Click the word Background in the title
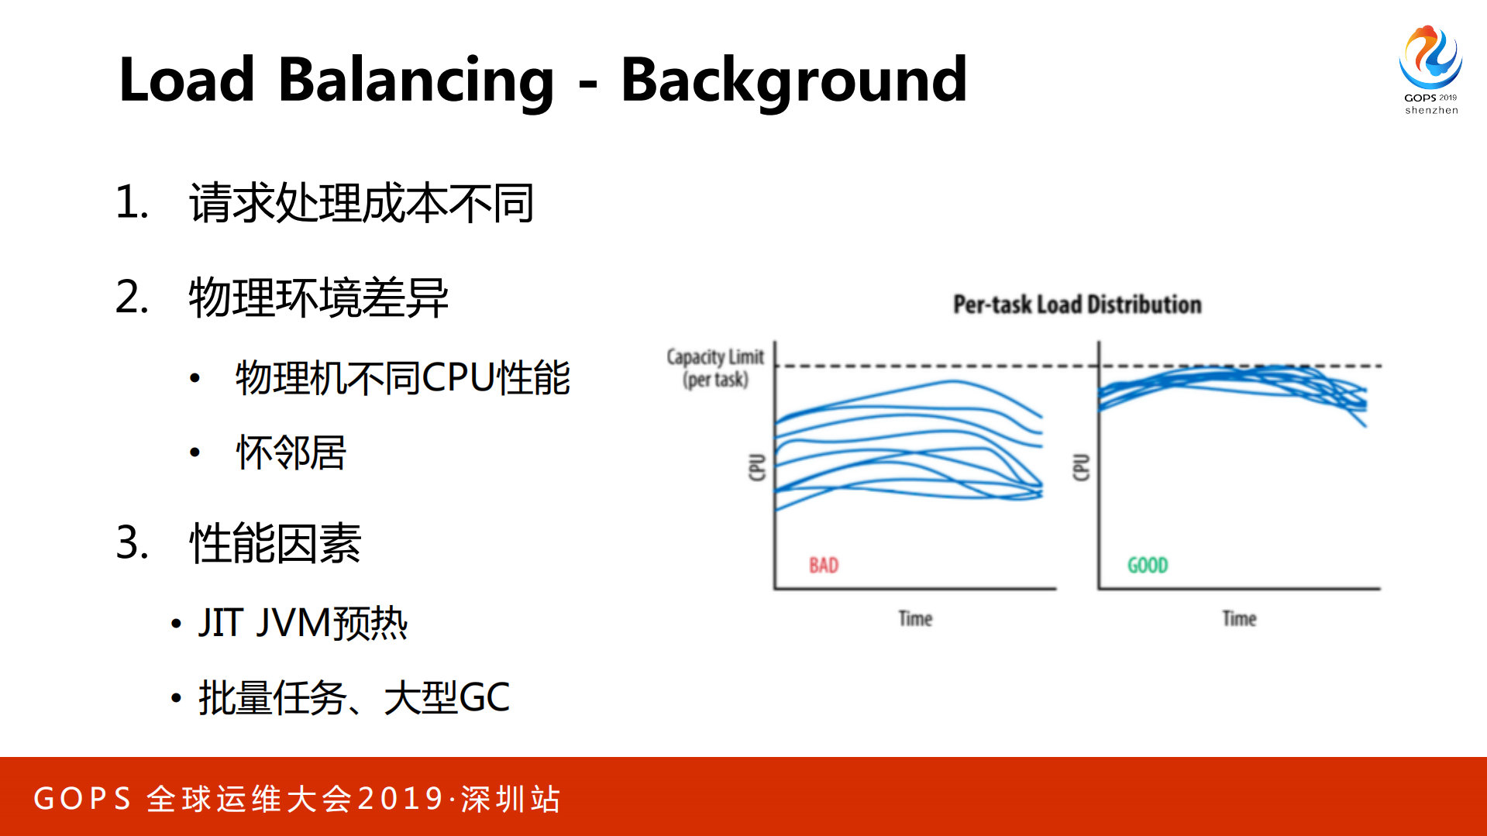click(x=793, y=81)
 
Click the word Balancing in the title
click(x=415, y=81)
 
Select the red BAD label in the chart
click(x=824, y=565)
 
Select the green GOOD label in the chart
click(x=1148, y=565)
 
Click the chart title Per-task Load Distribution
click(x=1077, y=304)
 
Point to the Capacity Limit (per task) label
click(x=715, y=368)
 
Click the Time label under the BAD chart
click(x=915, y=618)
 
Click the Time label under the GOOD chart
click(x=1239, y=618)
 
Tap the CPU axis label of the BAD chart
click(x=757, y=467)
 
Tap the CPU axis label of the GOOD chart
click(x=1081, y=467)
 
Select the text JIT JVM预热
click(x=302, y=623)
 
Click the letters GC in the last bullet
click(x=484, y=697)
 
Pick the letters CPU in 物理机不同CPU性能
click(x=458, y=378)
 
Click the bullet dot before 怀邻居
click(x=195, y=452)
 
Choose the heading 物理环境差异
click(x=318, y=298)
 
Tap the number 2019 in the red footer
click(x=401, y=799)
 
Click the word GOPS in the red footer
click(x=83, y=799)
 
